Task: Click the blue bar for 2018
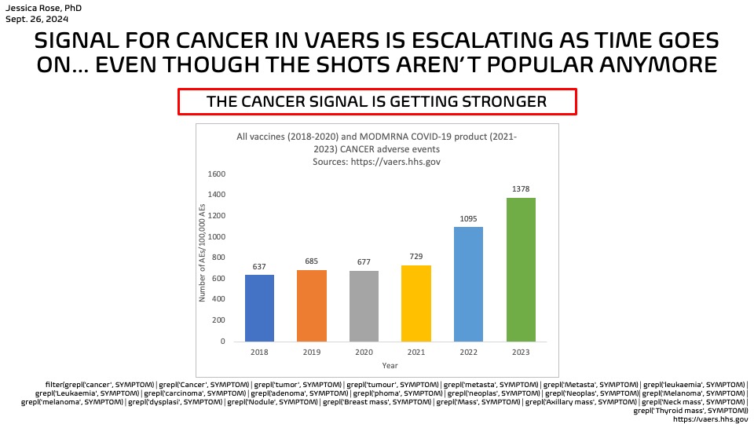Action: [x=259, y=308]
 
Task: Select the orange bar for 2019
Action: [x=312, y=305]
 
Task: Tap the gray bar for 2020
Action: [x=364, y=306]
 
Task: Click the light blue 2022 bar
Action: [x=468, y=284]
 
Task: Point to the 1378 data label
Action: [x=521, y=191]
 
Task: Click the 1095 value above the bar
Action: [x=468, y=220]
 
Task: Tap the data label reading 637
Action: [x=259, y=267]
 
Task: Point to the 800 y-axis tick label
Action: [x=217, y=258]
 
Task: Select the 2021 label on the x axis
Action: [x=416, y=353]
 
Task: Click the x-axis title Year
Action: [x=390, y=366]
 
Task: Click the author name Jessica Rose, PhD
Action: [x=43, y=8]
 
